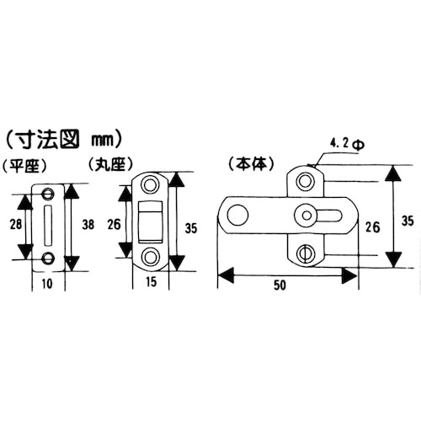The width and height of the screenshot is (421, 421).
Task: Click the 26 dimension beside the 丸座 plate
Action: coord(115,225)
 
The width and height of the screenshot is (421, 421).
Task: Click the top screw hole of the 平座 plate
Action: coord(47,194)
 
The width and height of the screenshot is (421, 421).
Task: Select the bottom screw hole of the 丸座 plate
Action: coord(150,256)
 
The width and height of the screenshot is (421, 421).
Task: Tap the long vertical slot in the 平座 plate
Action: coord(47,226)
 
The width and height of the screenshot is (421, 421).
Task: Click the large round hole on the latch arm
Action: coord(238,216)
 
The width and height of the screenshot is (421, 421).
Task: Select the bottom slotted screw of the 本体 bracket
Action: coord(306,251)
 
